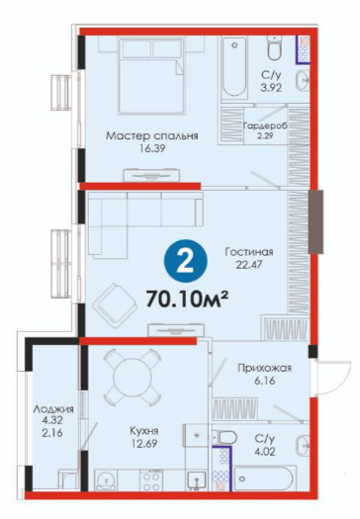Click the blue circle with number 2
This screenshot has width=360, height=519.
[186, 260]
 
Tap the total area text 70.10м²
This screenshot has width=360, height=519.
[187, 300]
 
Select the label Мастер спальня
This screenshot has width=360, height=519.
[152, 136]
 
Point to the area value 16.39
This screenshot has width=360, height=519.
[152, 149]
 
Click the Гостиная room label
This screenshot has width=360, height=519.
[249, 252]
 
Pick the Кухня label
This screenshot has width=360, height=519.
[144, 431]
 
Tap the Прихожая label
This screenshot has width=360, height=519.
[265, 368]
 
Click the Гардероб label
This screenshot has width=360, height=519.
[265, 126]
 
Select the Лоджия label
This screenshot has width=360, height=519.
[53, 409]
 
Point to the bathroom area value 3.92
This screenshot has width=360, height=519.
[271, 88]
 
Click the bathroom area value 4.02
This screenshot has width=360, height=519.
[265, 452]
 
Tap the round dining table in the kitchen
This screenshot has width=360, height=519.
[133, 378]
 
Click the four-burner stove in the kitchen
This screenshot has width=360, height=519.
[151, 480]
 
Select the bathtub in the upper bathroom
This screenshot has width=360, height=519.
[234, 67]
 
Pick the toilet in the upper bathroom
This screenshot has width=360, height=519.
[275, 48]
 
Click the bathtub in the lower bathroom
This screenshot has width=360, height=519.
[263, 478]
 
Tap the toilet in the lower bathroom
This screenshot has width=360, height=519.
[225, 438]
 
